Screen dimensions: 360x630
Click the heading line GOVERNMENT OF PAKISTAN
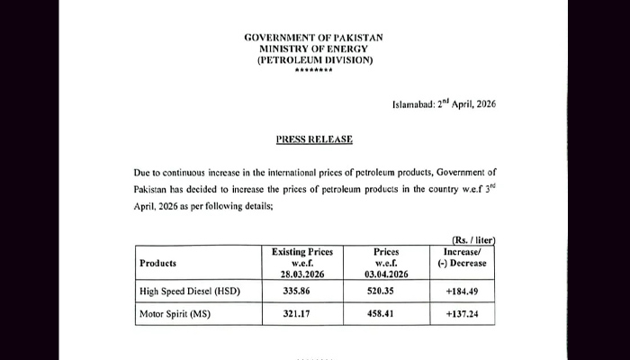coord(313,37)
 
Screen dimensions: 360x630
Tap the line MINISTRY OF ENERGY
coord(313,49)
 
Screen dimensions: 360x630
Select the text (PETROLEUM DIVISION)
coord(313,60)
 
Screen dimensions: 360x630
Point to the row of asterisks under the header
coord(313,71)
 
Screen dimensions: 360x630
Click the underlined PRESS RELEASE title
coord(313,139)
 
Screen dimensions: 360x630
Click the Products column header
coord(157,263)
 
